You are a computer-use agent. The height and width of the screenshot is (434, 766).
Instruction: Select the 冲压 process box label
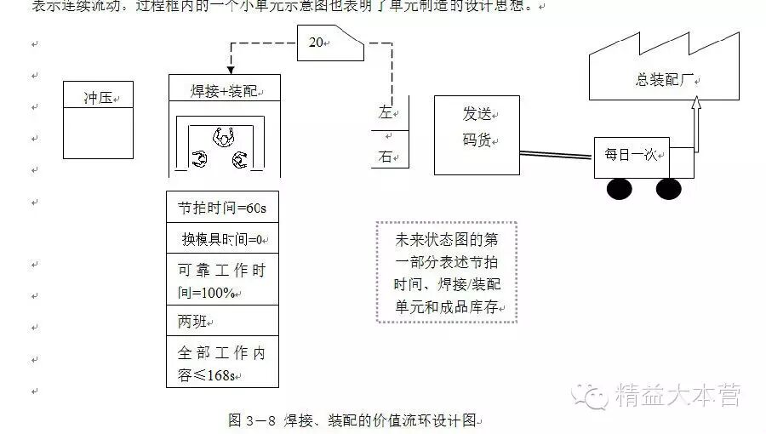coord(98,95)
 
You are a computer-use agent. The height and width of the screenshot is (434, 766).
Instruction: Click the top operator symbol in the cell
coord(224,134)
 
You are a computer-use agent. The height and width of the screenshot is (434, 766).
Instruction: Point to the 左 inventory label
coord(386,112)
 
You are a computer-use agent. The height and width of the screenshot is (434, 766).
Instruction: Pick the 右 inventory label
coord(386,157)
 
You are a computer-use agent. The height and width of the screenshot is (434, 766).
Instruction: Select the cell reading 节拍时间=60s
coord(223,207)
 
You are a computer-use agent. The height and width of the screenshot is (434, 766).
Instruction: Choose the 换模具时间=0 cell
coord(223,239)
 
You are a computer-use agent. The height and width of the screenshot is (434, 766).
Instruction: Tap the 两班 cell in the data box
coord(223,322)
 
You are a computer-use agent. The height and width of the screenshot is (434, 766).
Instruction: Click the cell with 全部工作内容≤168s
coord(223,363)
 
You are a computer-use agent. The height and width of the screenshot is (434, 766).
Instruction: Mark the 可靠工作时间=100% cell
coord(223,281)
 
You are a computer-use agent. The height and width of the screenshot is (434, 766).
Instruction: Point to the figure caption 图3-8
coord(356,420)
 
